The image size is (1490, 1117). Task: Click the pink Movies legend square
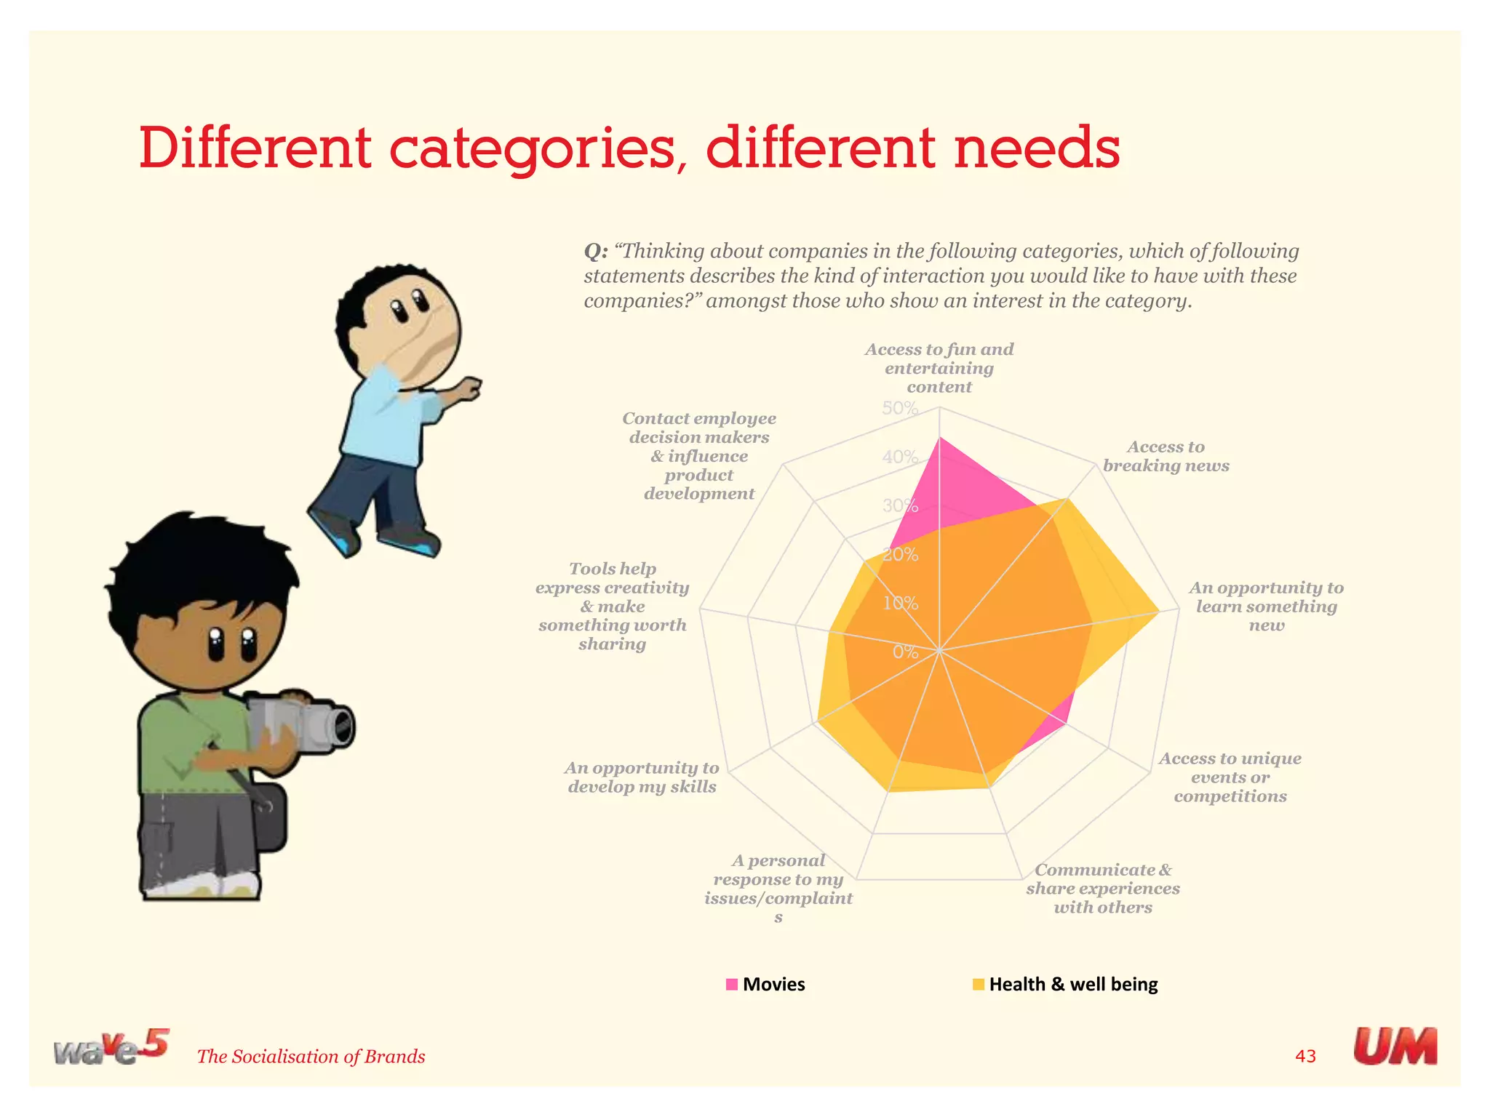click(x=732, y=985)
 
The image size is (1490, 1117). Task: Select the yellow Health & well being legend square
click(x=979, y=985)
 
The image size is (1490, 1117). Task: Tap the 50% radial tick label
click(x=900, y=409)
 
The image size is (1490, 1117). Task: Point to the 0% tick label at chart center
click(x=905, y=652)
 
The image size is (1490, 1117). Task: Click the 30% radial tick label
click(x=900, y=506)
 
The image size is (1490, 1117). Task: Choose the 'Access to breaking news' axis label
click(x=1166, y=456)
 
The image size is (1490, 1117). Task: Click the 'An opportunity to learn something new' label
click(x=1266, y=606)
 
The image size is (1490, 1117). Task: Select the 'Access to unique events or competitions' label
click(x=1230, y=777)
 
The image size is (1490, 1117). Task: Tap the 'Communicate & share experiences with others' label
click(x=1103, y=889)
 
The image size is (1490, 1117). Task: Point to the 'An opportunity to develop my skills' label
click(x=642, y=777)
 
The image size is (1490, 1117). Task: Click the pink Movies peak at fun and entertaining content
click(x=939, y=439)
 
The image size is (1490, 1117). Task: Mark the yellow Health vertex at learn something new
click(x=1158, y=612)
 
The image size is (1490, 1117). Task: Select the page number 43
click(x=1305, y=1056)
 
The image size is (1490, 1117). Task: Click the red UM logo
click(x=1395, y=1046)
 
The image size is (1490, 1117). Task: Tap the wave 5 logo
click(x=111, y=1047)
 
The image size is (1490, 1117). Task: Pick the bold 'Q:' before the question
click(x=595, y=252)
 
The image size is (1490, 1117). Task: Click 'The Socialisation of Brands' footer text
click(x=311, y=1057)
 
